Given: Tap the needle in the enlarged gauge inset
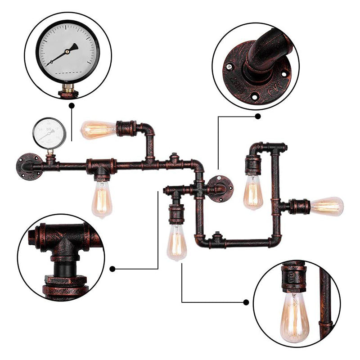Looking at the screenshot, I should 63,55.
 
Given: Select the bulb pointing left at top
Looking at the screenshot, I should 98,130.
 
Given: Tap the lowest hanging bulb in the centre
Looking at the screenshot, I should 177,243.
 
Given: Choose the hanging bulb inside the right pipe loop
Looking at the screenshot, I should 253,192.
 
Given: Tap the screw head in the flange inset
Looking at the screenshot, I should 230,67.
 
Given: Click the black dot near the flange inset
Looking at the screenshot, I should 258,116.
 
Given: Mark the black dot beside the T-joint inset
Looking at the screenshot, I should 112,269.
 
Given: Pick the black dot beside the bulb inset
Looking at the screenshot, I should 246,302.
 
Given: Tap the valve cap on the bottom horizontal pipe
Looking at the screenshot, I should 217,237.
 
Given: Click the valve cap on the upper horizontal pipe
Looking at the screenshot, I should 173,159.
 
